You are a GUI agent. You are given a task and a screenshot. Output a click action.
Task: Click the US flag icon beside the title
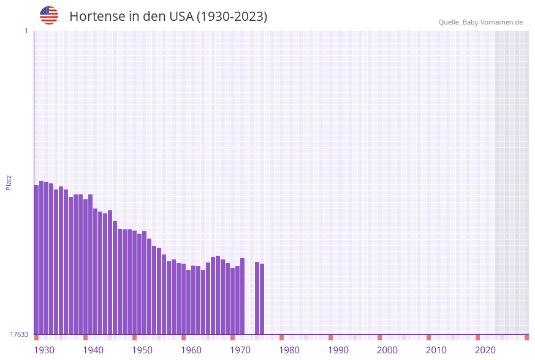point(49,15)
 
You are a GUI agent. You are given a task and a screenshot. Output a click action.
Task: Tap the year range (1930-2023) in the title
point(232,17)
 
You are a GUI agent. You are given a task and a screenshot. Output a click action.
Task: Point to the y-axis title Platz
point(9,182)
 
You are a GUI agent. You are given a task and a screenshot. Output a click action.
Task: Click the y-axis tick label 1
point(26,31)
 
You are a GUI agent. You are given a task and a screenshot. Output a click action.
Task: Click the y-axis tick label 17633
point(19,334)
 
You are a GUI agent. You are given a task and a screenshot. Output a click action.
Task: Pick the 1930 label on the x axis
point(44,350)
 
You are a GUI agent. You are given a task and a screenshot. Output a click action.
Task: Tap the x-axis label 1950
point(142,350)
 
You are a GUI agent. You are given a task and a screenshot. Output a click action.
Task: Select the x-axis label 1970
point(240,350)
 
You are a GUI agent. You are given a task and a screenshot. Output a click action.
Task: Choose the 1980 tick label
point(289,350)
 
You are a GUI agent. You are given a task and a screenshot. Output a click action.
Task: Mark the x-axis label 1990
point(338,350)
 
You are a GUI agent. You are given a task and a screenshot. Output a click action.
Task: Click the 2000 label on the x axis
point(387,350)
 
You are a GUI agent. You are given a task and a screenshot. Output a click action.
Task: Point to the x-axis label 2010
point(436,350)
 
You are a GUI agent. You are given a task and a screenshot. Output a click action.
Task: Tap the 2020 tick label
point(485,350)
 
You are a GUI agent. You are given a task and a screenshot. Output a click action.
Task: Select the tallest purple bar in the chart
point(41,258)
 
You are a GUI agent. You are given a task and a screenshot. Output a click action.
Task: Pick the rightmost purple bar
point(262,299)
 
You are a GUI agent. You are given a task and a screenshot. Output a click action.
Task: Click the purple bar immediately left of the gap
point(242,296)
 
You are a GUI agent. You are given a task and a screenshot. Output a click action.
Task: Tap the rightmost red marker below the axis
point(526,337)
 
